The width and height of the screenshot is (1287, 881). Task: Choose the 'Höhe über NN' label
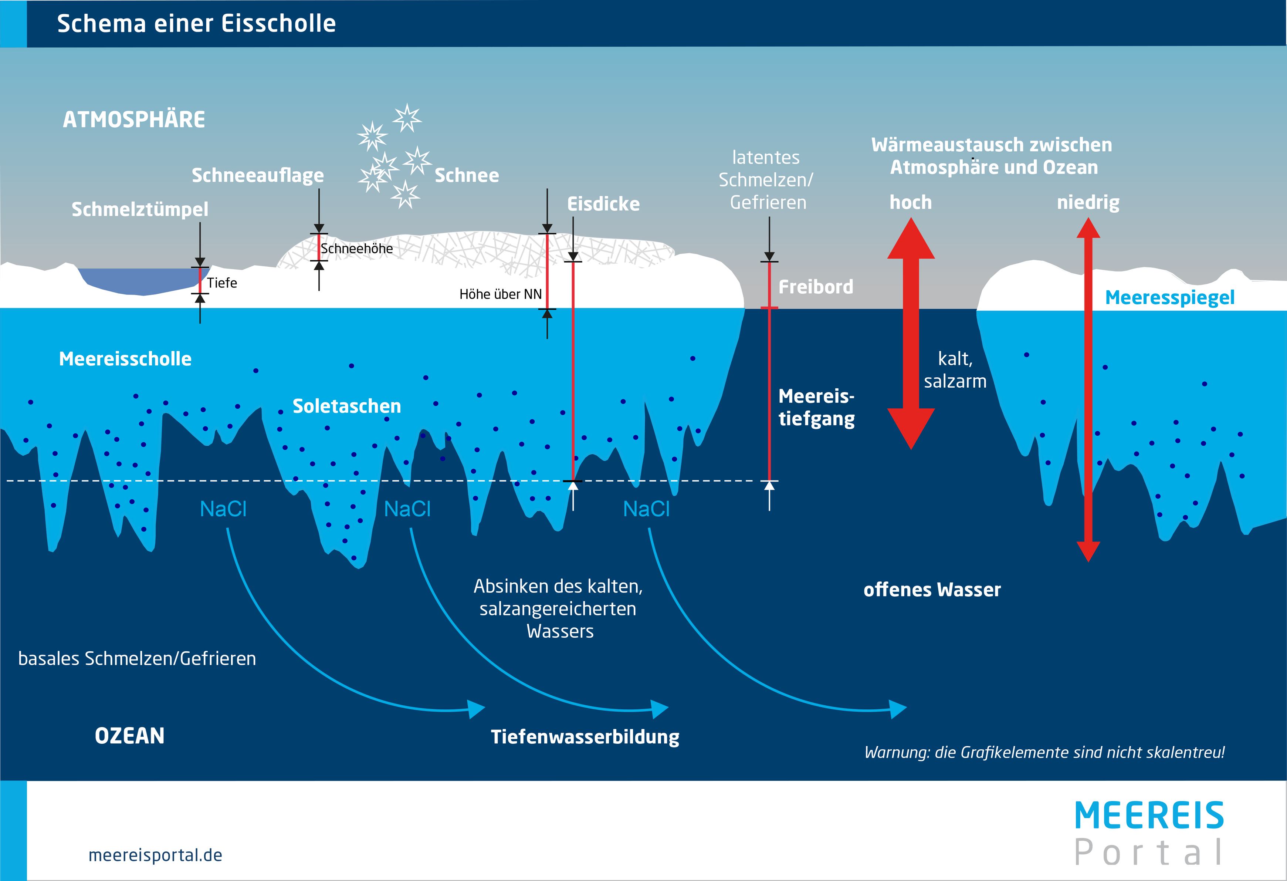500,294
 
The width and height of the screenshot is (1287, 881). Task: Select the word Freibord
815,287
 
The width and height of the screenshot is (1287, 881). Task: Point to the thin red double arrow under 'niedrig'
1088,388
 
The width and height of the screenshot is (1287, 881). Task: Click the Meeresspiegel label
1169,297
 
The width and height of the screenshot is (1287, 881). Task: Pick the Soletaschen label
347,406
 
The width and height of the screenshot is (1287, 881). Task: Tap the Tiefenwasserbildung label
585,737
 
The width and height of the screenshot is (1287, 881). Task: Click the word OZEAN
129,736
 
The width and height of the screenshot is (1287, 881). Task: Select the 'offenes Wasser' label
932,590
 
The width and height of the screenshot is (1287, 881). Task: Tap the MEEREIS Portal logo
1149,833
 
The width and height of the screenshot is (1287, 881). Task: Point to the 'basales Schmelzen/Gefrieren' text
137,658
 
